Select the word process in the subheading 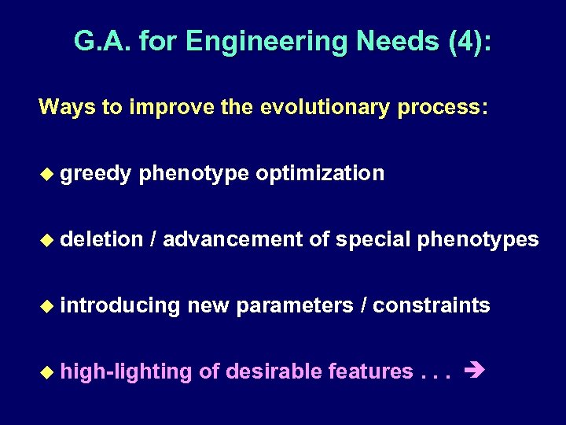(441, 107)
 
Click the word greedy (95, 174)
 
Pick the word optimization (320, 174)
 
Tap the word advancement (233, 239)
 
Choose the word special (373, 239)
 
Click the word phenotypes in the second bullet (478, 239)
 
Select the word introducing (120, 305)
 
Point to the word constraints (431, 305)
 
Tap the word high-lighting (126, 371)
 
